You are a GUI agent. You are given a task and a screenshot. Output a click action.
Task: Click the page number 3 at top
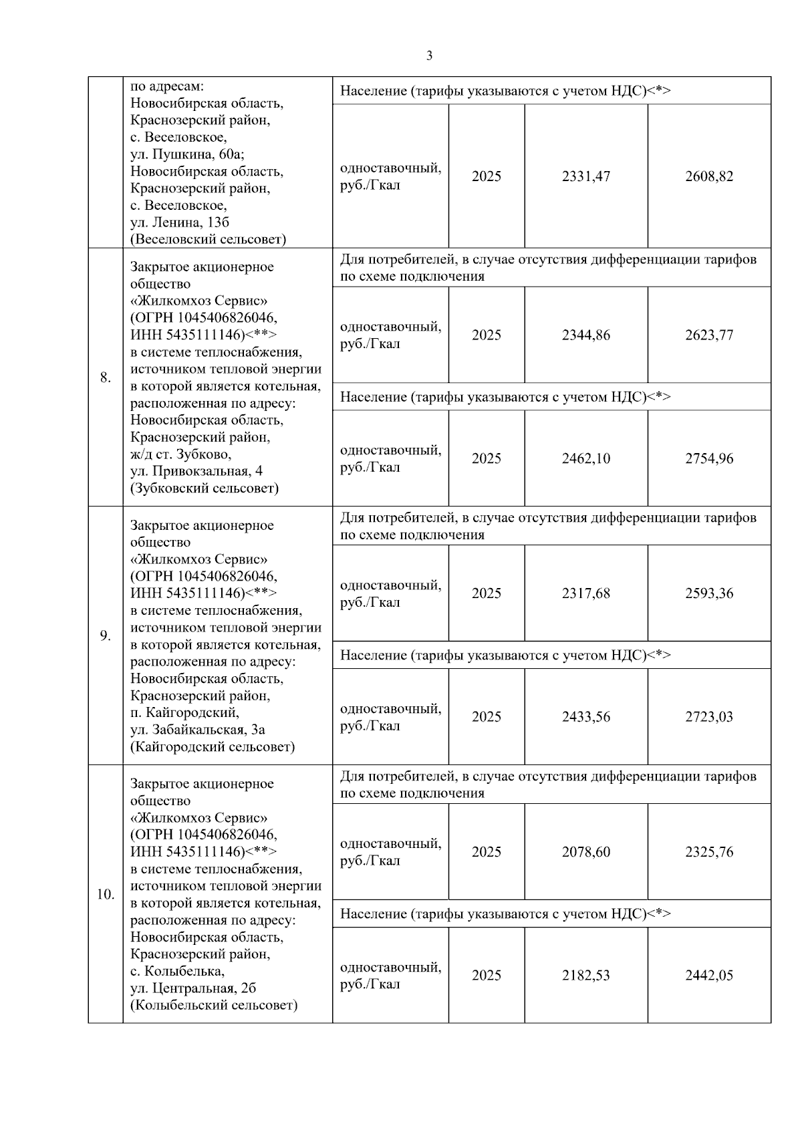429,56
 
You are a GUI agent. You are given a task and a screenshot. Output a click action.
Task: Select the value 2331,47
585,176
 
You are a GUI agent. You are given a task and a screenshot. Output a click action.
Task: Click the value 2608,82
708,176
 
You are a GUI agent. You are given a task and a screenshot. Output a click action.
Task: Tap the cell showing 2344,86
585,335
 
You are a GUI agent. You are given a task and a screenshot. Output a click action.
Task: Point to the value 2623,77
708,335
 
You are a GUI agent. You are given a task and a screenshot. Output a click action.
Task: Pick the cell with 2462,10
585,458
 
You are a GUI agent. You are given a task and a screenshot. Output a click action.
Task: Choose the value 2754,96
708,458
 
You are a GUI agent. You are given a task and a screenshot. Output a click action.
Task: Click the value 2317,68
585,593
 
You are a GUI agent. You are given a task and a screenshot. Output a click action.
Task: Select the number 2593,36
708,593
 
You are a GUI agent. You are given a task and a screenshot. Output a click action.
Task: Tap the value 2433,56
585,717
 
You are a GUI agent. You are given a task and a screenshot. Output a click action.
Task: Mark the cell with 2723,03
708,717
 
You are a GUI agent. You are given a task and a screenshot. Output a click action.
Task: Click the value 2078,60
585,852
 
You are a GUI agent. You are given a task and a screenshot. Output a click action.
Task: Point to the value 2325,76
708,852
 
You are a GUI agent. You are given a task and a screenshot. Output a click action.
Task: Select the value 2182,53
585,976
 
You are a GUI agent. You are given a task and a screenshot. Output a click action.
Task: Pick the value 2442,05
708,976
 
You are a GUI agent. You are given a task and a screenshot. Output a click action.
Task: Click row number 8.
105,378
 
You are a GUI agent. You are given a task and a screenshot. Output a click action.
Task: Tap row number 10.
105,895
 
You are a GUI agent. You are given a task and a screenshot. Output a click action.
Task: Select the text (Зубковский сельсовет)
204,488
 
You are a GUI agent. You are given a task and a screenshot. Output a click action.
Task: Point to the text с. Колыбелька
177,971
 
